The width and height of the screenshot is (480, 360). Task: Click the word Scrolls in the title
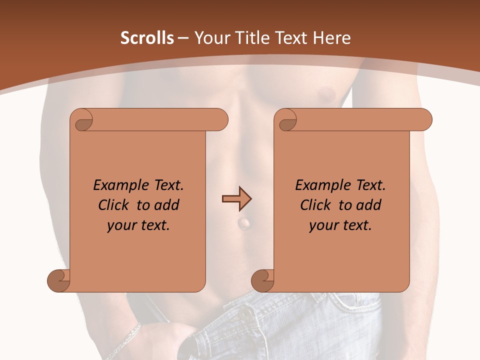point(147,38)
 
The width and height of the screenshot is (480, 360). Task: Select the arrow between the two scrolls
point(236,199)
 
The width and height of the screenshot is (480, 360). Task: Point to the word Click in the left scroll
point(114,205)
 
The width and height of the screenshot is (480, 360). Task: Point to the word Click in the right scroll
point(316,205)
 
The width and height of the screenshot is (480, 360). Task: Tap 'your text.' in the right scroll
point(340,225)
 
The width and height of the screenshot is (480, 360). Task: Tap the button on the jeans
point(245,313)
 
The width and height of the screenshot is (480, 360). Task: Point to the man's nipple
point(327,93)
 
